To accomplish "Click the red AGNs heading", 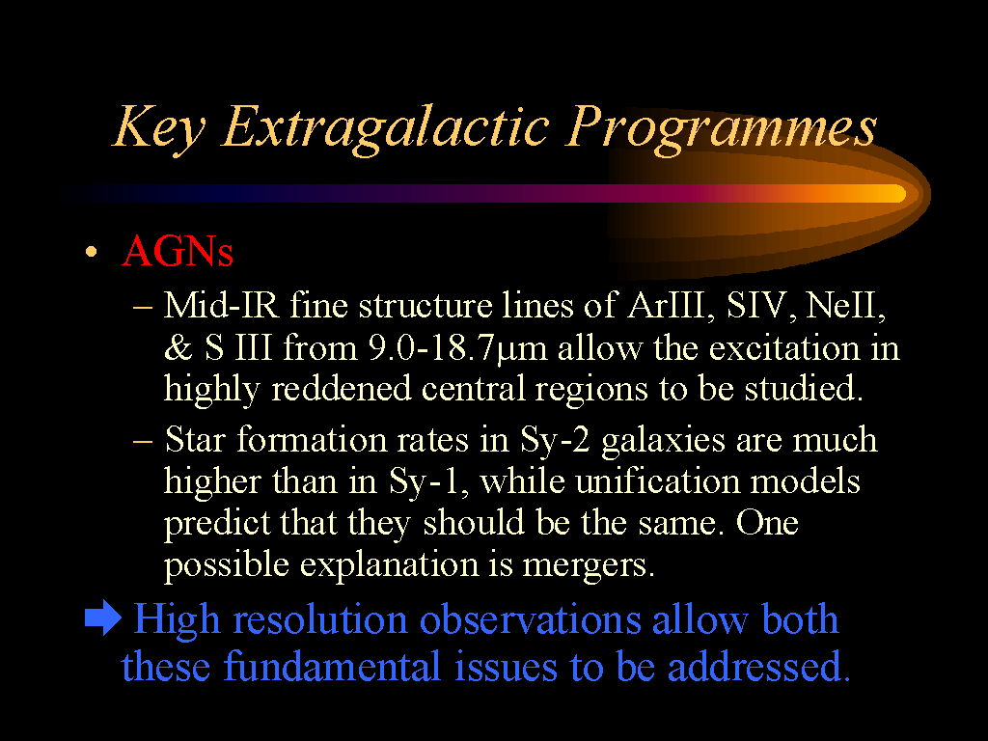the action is (178, 251).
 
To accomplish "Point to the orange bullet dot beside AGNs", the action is (92, 252).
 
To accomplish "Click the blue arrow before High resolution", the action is (102, 617).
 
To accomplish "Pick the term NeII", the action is (846, 305).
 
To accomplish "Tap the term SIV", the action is (760, 305).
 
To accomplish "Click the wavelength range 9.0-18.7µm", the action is (457, 347).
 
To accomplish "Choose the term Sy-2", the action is (555, 440).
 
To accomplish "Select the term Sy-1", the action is (428, 482).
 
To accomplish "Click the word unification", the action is (657, 481).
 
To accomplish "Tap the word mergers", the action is (589, 565).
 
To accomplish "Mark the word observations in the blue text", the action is (530, 618).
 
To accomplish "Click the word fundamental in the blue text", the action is (332, 666).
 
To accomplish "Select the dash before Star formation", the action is (143, 440).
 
